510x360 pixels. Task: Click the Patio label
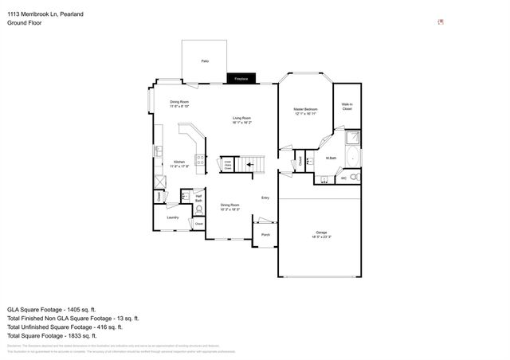click(205, 61)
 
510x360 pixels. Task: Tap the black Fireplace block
click(241, 79)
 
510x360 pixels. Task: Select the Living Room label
click(241, 120)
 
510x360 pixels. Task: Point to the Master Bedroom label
click(305, 110)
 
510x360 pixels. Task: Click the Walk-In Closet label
click(347, 106)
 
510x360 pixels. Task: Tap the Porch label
click(265, 235)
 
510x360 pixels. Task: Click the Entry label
click(265, 198)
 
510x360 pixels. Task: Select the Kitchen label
click(179, 163)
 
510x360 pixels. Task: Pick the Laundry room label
click(172, 217)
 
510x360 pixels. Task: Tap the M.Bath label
click(329, 158)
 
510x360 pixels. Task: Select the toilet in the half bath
click(199, 210)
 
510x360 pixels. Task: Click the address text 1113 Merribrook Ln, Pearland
click(41, 14)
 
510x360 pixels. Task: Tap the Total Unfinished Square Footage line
click(65, 327)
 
